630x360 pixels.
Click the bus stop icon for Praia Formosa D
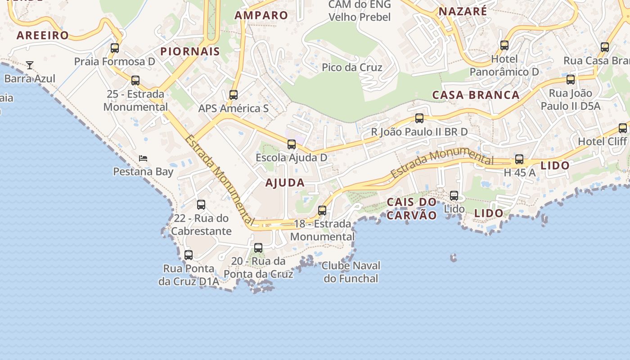pos(115,48)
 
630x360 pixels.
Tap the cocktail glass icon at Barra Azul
pos(30,65)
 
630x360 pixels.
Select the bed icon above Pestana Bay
pos(143,158)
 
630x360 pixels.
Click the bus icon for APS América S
pos(233,95)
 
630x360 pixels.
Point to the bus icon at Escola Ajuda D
pos(292,144)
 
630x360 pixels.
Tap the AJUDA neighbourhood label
pos(285,183)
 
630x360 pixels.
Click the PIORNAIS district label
pos(190,51)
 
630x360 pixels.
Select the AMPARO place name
pos(261,15)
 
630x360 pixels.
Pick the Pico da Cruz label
pos(352,67)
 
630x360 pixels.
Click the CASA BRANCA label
pos(476,95)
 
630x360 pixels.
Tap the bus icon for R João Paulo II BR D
pos(419,118)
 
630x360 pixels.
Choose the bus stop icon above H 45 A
pos(519,159)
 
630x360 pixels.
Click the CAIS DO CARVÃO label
pos(412,208)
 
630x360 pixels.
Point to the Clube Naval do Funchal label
pos(351,272)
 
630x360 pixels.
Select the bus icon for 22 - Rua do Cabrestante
pos(201,205)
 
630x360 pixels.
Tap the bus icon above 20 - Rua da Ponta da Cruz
pos(258,247)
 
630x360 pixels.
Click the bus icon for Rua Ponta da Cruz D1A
pos(189,255)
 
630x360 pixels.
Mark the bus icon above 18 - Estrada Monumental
pos(322,210)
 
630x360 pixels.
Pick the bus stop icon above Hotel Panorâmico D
pos(504,45)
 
